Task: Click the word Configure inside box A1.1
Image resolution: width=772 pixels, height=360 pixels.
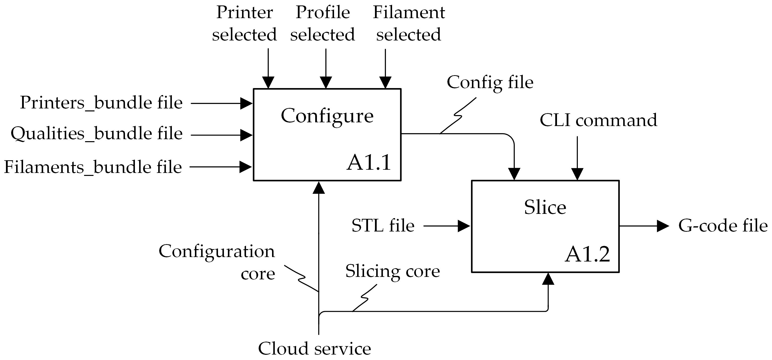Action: coord(327,116)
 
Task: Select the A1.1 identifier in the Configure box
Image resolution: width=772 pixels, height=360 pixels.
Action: coord(369,163)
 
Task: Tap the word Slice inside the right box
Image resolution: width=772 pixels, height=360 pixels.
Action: coord(545,207)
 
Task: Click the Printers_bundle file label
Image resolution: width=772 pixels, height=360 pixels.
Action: coord(101,103)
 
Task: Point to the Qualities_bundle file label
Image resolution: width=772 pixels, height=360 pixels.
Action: coord(96,133)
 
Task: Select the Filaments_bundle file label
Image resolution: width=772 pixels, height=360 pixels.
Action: coord(93,167)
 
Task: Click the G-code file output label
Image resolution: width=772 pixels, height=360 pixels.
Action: coord(723,226)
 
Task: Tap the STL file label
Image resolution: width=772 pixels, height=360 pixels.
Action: coord(383,226)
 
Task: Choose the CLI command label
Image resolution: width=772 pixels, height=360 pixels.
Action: coord(598,120)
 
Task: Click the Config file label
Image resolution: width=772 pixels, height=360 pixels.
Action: coord(490,82)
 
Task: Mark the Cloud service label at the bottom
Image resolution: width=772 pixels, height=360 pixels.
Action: coord(314,349)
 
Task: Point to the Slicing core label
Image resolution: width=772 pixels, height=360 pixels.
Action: coord(392,271)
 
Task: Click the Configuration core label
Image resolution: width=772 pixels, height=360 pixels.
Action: coord(217,262)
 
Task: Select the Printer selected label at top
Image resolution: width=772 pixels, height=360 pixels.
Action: coord(244,23)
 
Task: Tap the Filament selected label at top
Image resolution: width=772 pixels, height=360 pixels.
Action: coord(409,23)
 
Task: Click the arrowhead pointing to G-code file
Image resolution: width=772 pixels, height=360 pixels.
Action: coord(663,226)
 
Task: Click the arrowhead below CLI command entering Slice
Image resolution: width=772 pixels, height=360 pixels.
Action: coord(577,174)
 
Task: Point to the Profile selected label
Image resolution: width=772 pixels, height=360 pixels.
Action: coord(322,23)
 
